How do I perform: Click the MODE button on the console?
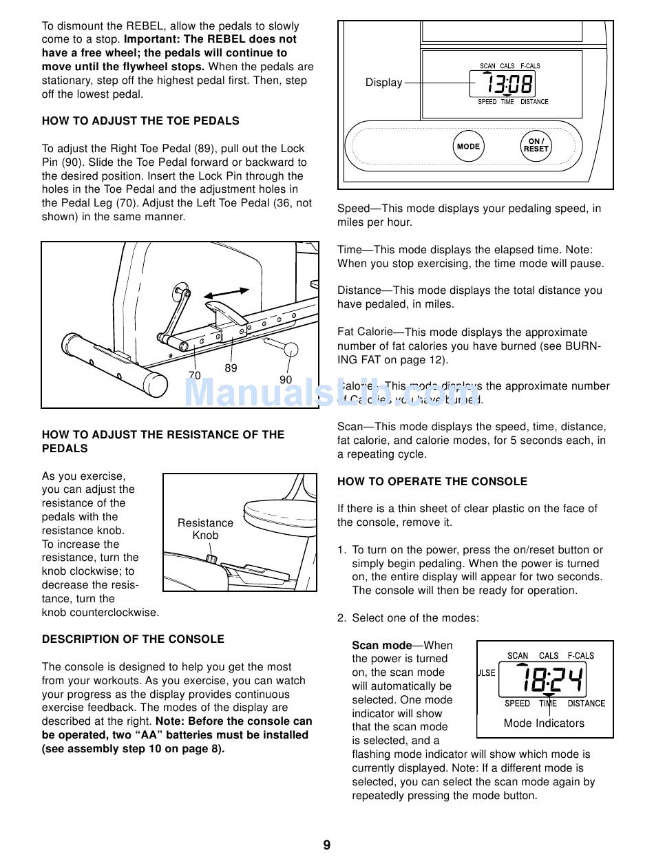pyautogui.click(x=468, y=147)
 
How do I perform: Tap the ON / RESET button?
pyautogui.click(x=536, y=145)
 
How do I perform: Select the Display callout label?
pyautogui.click(x=383, y=83)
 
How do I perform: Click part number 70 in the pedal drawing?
pyautogui.click(x=194, y=376)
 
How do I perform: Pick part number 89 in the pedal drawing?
pyautogui.click(x=231, y=368)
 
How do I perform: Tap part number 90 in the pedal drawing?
pyautogui.click(x=286, y=379)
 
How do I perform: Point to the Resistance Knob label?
pyautogui.click(x=205, y=529)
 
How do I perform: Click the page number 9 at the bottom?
pyautogui.click(x=327, y=845)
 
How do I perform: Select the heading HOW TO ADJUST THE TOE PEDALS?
pyautogui.click(x=140, y=121)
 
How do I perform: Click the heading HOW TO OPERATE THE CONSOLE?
pyautogui.click(x=432, y=482)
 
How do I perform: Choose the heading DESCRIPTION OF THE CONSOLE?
pyautogui.click(x=133, y=639)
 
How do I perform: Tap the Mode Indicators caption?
pyautogui.click(x=544, y=723)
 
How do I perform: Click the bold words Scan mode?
pyautogui.click(x=381, y=646)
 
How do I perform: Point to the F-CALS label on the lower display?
pyautogui.click(x=580, y=656)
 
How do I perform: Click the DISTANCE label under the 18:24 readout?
pyautogui.click(x=586, y=703)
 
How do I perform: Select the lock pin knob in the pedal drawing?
pyautogui.click(x=290, y=348)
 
